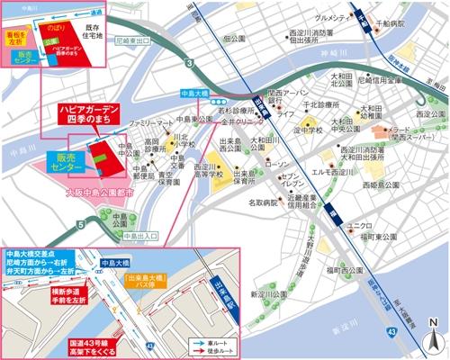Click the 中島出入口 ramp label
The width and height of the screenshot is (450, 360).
click(x=144, y=235)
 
